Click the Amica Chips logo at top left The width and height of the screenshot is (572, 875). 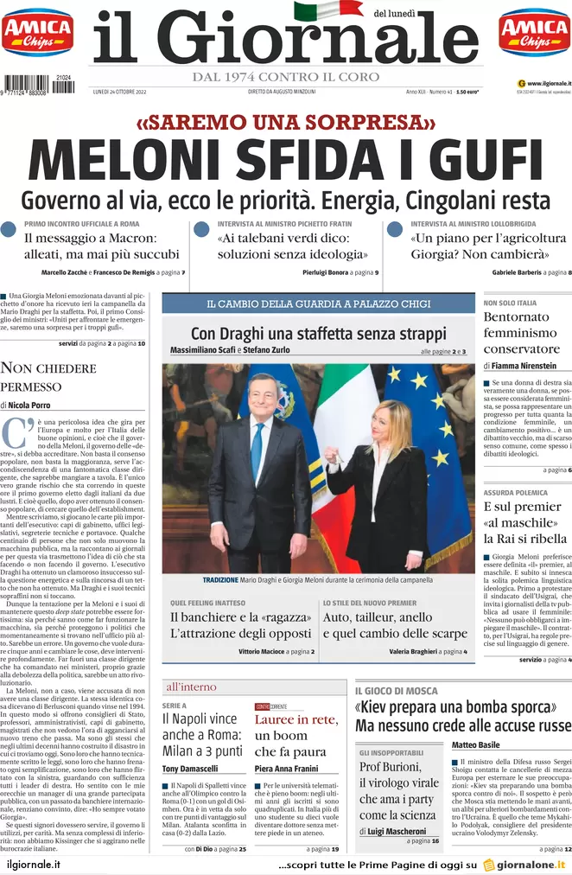(x=37, y=33)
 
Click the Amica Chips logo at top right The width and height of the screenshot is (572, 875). (x=534, y=33)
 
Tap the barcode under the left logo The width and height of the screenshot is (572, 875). (x=37, y=85)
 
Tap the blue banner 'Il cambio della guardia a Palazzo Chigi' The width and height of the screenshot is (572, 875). (x=318, y=304)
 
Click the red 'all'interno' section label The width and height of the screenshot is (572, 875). (x=191, y=687)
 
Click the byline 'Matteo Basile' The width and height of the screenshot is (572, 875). (x=475, y=744)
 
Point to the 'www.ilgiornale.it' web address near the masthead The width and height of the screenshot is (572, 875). (x=543, y=83)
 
